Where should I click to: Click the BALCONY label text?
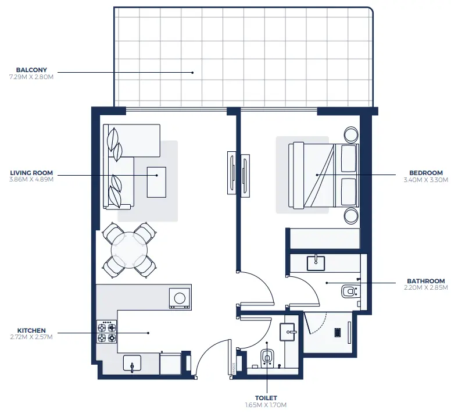click(31, 70)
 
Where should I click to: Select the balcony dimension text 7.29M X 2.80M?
click(31, 77)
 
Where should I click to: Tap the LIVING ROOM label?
click(31, 173)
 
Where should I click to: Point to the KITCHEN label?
click(31, 330)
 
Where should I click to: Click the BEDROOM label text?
click(426, 173)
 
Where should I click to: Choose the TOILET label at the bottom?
click(267, 398)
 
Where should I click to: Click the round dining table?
click(128, 250)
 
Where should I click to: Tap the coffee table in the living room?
click(156, 181)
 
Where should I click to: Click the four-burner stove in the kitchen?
click(107, 332)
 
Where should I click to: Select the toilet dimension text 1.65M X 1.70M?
click(267, 405)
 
